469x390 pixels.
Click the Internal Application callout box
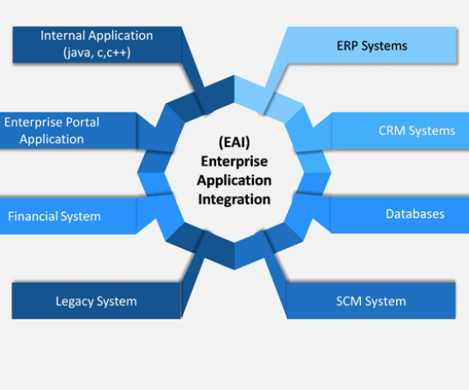click(96, 44)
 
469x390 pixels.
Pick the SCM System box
click(370, 301)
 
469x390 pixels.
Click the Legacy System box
click(96, 301)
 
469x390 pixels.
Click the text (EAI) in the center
click(233, 143)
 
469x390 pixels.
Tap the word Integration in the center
click(233, 199)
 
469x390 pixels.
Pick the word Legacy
click(75, 302)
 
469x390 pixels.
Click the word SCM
click(350, 301)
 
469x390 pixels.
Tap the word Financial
click(33, 216)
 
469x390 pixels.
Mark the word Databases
click(415, 214)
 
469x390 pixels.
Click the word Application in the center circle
click(233, 180)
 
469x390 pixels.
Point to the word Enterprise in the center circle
click(233, 161)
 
